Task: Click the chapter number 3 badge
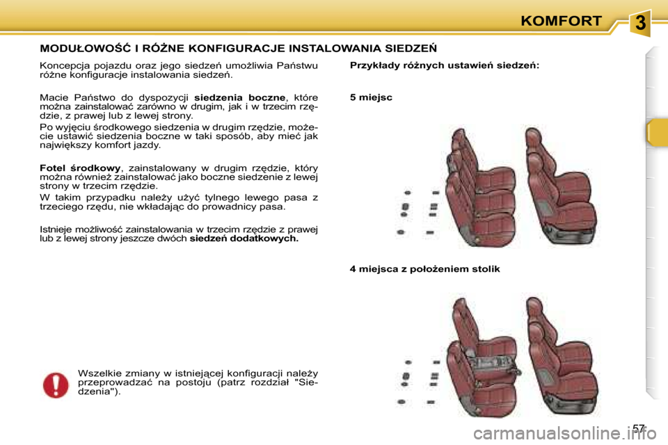point(641,24)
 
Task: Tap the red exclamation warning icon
point(55,385)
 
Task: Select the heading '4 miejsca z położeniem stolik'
point(424,268)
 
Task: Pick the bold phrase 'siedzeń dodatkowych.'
point(244,238)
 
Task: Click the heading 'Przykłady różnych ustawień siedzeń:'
point(444,65)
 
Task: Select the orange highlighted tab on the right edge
point(656,132)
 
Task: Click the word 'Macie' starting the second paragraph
point(54,97)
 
